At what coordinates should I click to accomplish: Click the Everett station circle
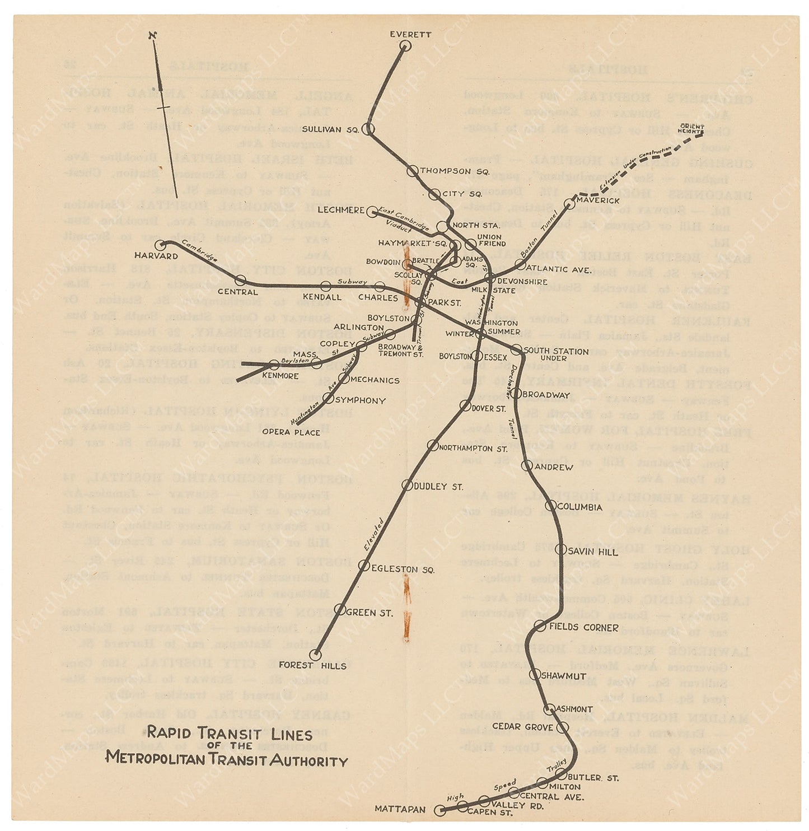point(405,46)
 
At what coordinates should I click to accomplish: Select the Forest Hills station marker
point(316,654)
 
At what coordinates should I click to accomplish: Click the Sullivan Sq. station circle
point(368,129)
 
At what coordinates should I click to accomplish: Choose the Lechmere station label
point(341,210)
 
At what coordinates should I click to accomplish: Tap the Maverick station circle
point(570,203)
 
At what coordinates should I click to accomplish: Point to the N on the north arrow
point(152,35)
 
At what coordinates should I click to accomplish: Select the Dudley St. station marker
point(407,485)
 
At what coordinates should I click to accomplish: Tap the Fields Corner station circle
point(540,627)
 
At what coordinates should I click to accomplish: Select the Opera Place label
point(291,432)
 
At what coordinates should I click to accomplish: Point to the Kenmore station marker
point(274,365)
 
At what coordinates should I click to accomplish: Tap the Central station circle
point(241,280)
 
